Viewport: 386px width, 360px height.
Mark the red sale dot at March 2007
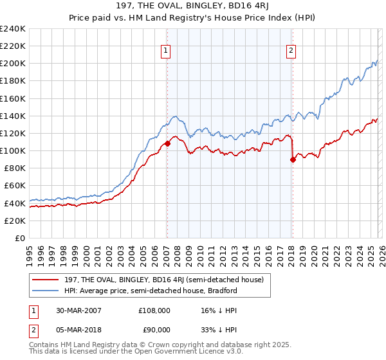click(x=167, y=144)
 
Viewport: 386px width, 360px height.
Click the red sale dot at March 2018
click(x=293, y=160)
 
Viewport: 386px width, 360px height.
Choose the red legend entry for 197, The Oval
click(x=161, y=280)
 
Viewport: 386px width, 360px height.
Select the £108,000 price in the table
click(x=154, y=310)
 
